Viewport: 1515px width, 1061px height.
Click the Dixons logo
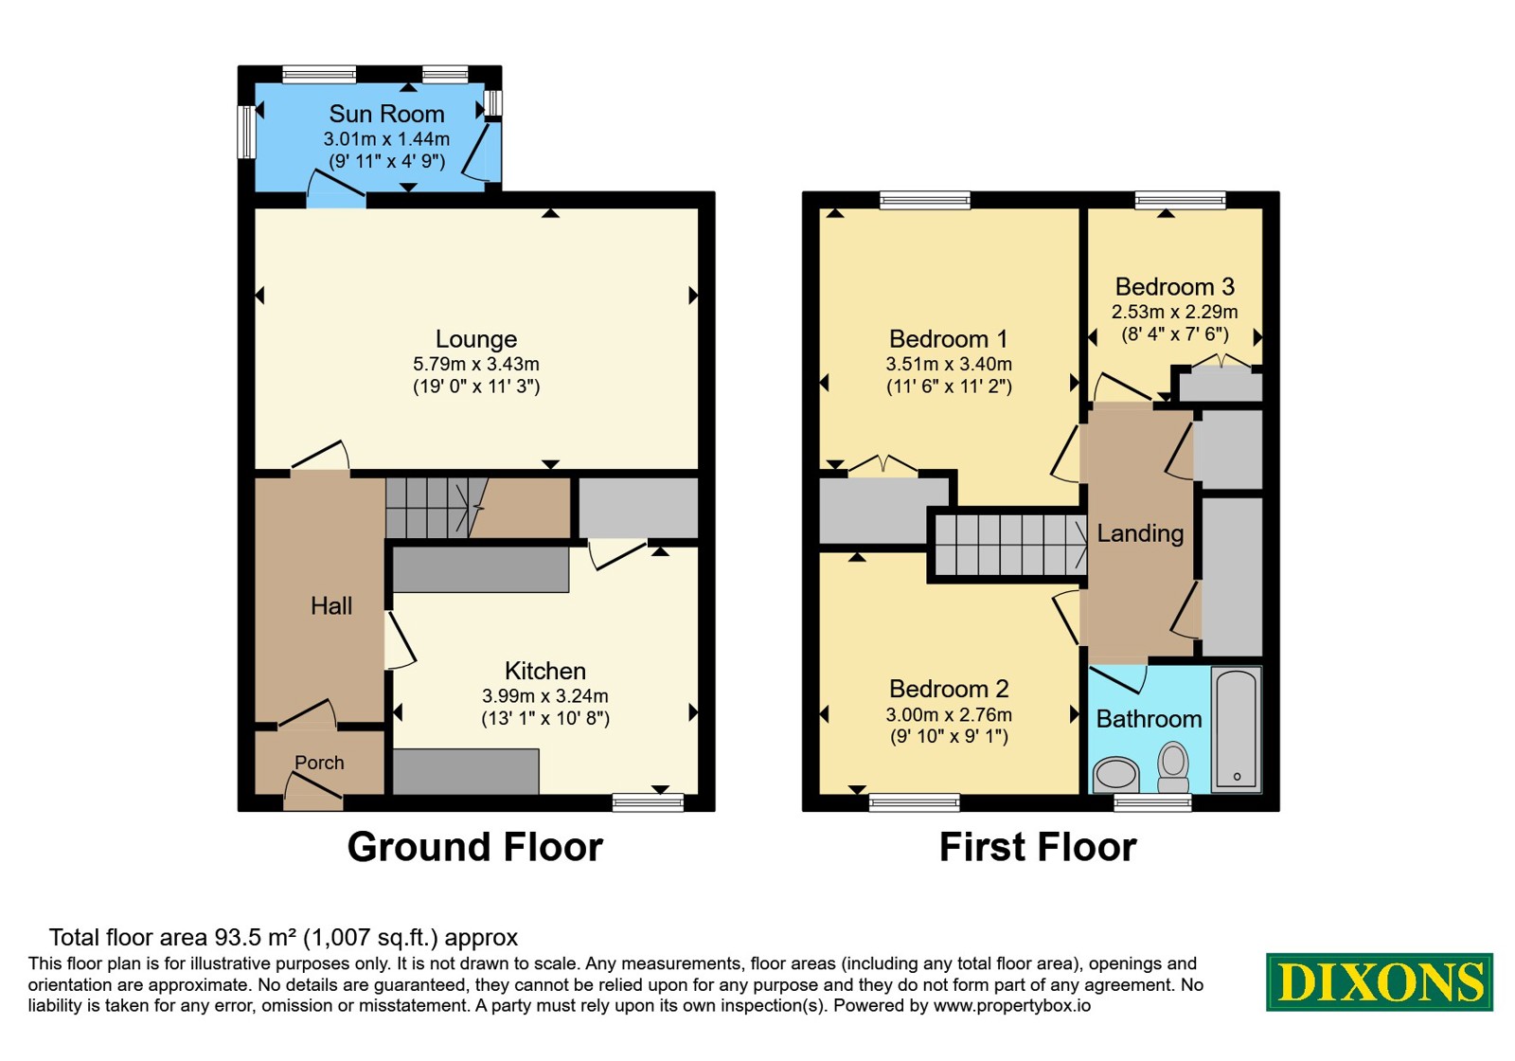click(x=1379, y=981)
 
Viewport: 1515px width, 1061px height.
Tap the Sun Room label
click(x=387, y=114)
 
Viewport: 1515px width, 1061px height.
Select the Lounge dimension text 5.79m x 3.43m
click(x=476, y=364)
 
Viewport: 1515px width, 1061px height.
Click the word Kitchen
click(x=545, y=671)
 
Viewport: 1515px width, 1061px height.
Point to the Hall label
click(x=331, y=605)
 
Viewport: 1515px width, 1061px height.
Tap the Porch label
click(x=319, y=763)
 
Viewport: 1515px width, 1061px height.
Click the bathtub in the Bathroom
click(x=1237, y=729)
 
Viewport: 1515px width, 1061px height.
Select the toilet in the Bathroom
click(x=1173, y=767)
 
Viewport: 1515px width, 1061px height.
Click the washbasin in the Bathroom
click(x=1116, y=775)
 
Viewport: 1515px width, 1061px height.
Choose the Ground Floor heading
click(x=474, y=847)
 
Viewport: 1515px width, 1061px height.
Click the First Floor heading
click(x=1038, y=847)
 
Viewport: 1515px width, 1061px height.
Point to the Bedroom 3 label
click(x=1175, y=287)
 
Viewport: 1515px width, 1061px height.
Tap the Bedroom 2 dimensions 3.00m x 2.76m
click(x=949, y=714)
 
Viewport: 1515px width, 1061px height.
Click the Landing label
click(x=1140, y=533)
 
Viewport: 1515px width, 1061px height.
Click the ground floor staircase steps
click(x=427, y=508)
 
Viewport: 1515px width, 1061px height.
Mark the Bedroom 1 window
click(x=925, y=200)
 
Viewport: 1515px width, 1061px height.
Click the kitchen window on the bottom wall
click(x=648, y=802)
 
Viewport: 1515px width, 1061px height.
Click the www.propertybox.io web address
click(x=1012, y=1005)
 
